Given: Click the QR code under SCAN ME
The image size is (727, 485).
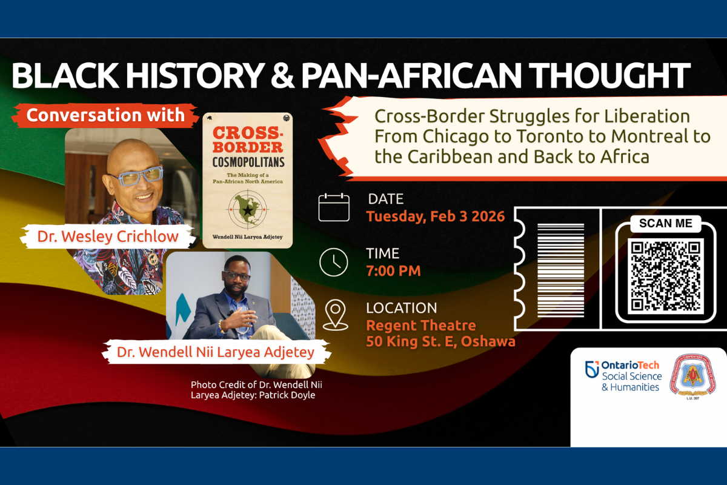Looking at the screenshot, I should pos(665,275).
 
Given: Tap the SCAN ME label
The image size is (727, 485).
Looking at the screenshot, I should pos(665,223).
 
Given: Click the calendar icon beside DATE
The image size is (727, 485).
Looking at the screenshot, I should pos(334,207).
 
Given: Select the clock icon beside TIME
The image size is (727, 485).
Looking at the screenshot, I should pos(334,262).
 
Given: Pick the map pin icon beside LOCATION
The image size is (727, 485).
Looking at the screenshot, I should pos(334,315).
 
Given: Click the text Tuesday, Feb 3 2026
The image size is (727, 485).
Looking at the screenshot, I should pos(435,216).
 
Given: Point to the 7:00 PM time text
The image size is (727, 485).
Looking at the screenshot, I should pos(393,270).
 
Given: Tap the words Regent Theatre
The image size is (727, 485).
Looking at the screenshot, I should pos(420,326).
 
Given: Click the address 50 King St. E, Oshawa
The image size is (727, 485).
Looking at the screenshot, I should pos(440,341).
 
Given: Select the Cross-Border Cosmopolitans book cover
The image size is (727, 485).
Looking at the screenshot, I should pos(247,180).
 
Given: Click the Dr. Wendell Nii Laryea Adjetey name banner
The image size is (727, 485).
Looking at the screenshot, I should pos(216,352).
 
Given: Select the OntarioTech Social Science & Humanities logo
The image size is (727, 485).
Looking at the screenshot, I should pos(623,376).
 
